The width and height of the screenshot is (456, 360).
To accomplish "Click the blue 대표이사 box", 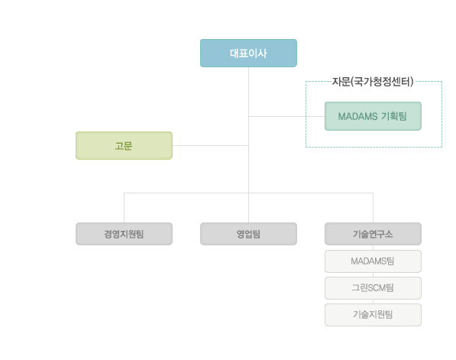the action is pos(248,53).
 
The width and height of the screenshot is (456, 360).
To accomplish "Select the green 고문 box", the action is pos(124,145).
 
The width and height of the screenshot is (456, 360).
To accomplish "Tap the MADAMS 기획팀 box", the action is pos(373,116).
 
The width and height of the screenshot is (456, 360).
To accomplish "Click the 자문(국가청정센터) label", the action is pos(373,82).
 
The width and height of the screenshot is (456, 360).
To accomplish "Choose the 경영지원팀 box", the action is pos(124,234).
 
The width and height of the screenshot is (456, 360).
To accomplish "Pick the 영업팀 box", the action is pos(248,234).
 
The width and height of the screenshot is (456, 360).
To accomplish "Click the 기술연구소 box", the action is pos(373,234).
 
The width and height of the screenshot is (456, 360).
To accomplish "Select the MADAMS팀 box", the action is pos(373,261).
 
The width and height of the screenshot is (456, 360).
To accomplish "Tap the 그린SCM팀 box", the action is pos(373,288).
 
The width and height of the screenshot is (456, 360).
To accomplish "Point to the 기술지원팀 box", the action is pos(373,315).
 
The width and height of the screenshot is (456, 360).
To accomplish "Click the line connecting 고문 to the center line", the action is pos(210,145).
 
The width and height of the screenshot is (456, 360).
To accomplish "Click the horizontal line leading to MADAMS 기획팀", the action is pos(286,117).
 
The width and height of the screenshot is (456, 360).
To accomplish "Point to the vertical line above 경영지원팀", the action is pos(125,208).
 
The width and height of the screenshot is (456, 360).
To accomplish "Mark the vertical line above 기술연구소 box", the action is pos(373,208).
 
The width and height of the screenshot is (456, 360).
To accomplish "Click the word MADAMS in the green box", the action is pos(357,116).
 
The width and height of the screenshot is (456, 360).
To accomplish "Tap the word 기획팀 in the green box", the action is pos(394,116).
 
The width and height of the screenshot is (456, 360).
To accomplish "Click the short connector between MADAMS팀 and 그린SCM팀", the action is pos(373,274).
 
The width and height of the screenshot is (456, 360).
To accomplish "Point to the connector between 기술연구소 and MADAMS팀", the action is pos(373,248).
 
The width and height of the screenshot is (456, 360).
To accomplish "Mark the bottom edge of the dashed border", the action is pos(374,147).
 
